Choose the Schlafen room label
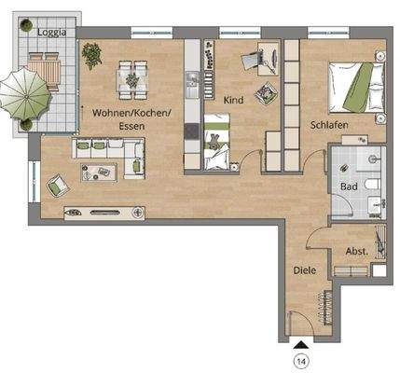click(329, 124)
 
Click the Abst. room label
click(355, 251)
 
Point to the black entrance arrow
click(300, 343)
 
